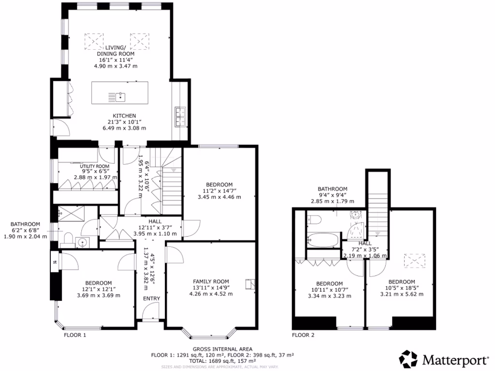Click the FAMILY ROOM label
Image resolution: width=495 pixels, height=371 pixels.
tap(211, 282)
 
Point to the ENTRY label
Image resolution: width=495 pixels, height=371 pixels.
tap(151, 299)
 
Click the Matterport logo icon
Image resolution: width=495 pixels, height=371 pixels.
tap(408, 359)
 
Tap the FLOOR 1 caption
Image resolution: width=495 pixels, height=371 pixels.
tap(75, 335)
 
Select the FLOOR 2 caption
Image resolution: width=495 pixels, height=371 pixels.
tap(303, 335)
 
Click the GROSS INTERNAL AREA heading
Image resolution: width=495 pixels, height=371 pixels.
tap(223, 349)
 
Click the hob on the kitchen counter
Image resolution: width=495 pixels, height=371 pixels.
tap(181, 116)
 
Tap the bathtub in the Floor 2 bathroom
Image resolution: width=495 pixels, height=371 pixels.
tap(323, 239)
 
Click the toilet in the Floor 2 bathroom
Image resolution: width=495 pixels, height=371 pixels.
tap(314, 221)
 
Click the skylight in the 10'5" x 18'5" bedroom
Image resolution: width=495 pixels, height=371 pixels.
tap(415, 261)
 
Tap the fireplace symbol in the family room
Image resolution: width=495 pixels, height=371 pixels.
tap(249, 284)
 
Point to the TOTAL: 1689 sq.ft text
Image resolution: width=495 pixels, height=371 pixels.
tap(223, 360)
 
